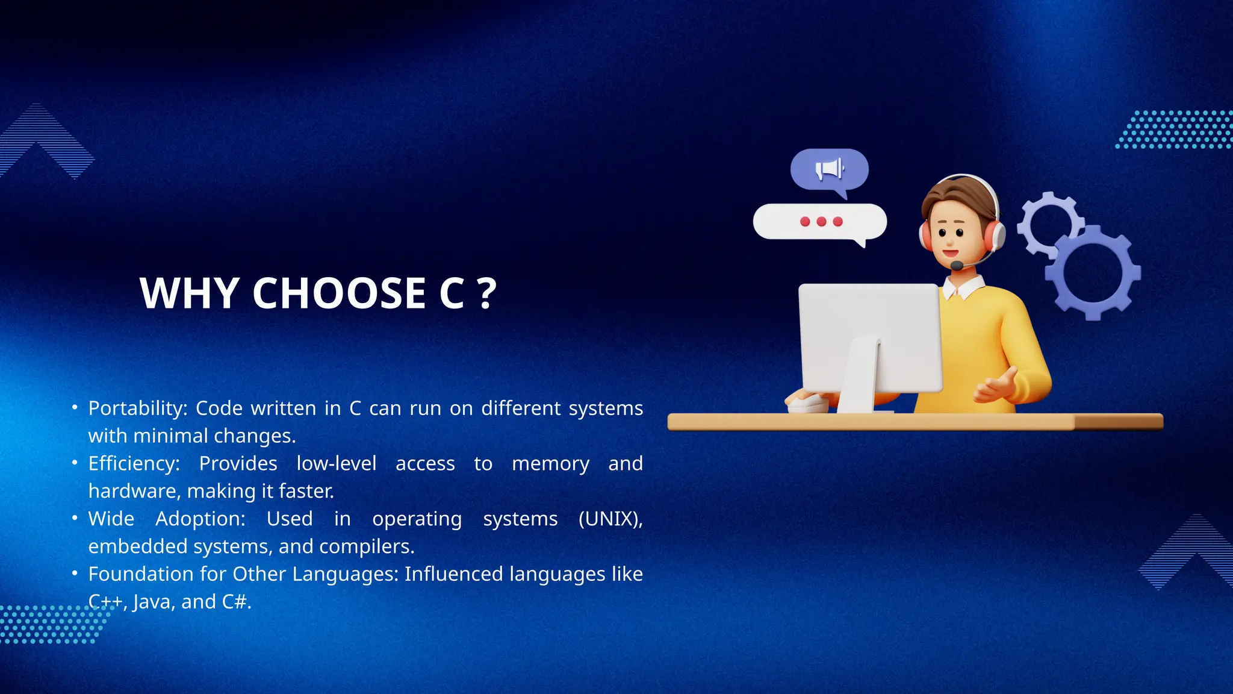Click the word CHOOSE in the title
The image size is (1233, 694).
tap(339, 293)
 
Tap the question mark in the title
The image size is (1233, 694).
tap(486, 293)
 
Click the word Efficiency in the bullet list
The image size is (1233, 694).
tap(133, 463)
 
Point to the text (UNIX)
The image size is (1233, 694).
tap(610, 519)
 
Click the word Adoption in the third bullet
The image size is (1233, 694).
tap(200, 519)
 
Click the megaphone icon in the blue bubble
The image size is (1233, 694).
tap(830, 169)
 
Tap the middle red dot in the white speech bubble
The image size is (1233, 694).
tap(821, 222)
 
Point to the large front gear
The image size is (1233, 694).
tap(1093, 272)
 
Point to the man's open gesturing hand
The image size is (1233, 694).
tap(996, 386)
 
